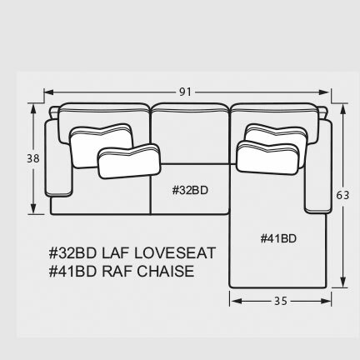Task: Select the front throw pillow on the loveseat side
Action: click(129, 161)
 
